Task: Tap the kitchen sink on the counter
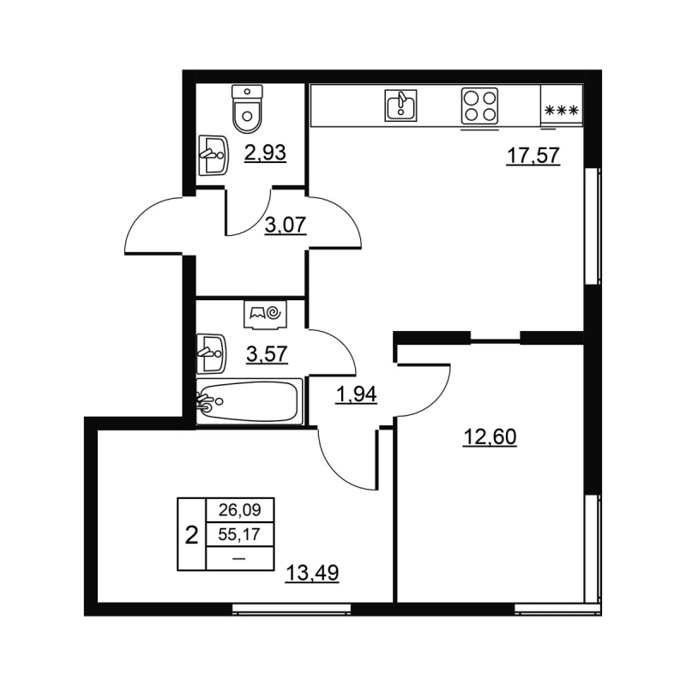click(x=397, y=105)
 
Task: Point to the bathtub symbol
click(x=249, y=400)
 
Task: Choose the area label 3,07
click(x=286, y=227)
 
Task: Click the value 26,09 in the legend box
click(x=239, y=511)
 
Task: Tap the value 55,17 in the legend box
click(x=239, y=535)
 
